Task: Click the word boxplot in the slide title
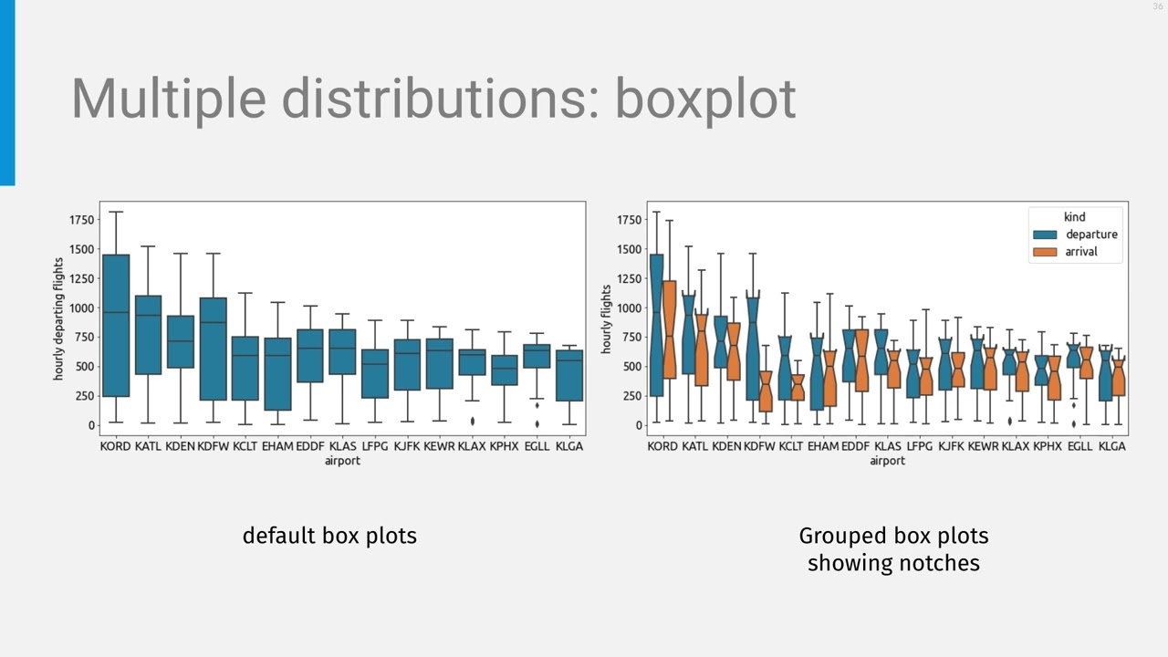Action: tap(704, 98)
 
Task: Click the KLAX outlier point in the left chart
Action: tap(472, 421)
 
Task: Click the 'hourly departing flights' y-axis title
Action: tap(58, 318)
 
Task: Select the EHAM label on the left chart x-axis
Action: tap(277, 446)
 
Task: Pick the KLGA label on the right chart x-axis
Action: tap(1111, 446)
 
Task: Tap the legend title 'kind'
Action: tap(1074, 216)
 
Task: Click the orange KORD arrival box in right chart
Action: tap(670, 328)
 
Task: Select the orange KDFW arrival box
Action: tap(766, 391)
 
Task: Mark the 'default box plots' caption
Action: tap(329, 536)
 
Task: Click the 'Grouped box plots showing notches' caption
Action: tap(893, 549)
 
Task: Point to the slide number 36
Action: tap(1158, 7)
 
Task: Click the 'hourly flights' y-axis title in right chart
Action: tap(606, 318)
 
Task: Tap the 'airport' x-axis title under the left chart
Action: tap(342, 461)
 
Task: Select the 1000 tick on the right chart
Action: tap(628, 308)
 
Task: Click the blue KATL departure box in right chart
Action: tap(689, 333)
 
